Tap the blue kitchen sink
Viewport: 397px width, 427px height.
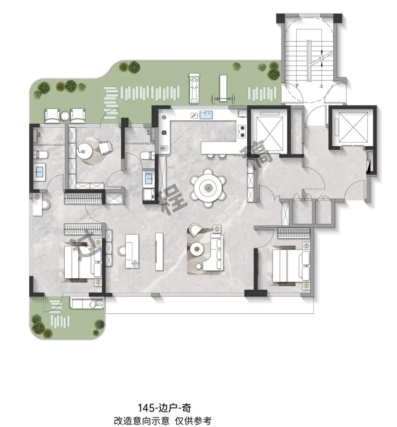[206, 115]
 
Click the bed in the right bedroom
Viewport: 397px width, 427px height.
[291, 266]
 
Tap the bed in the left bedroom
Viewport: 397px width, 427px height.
[83, 262]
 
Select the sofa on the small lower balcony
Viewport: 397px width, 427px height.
[87, 303]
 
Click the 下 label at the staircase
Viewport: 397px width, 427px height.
[297, 85]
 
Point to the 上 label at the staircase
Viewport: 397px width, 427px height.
[321, 85]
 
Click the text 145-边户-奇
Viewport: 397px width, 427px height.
[164, 408]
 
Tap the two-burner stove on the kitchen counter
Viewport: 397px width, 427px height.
[242, 131]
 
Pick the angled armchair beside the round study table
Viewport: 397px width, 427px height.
[105, 147]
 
